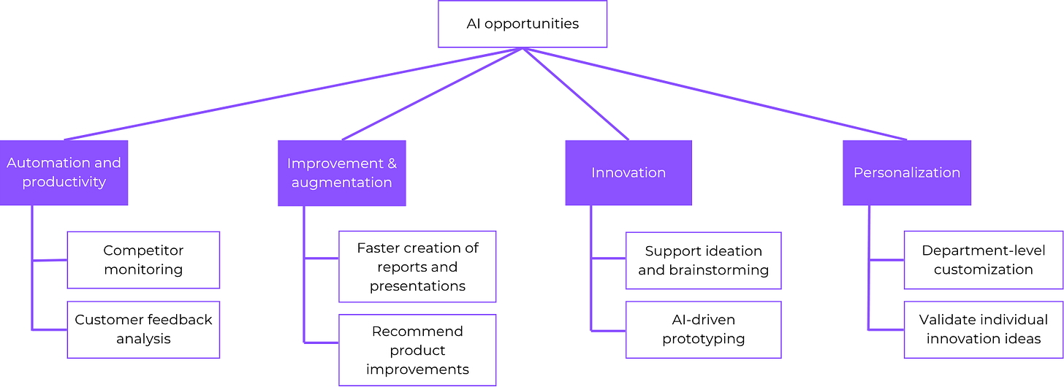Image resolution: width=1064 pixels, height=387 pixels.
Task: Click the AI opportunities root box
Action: point(522,24)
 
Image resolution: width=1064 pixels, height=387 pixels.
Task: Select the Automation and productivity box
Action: point(64,172)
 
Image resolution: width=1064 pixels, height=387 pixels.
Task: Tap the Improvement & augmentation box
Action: point(341,172)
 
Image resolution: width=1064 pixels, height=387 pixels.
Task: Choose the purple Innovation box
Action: point(628,172)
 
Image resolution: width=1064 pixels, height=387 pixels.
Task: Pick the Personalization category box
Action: point(906,172)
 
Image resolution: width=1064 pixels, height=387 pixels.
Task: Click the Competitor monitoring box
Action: point(143,260)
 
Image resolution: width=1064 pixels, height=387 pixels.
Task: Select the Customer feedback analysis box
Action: point(143,329)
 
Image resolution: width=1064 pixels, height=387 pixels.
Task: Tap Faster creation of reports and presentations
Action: point(417,267)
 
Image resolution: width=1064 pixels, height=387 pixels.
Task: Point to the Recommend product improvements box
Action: point(417,350)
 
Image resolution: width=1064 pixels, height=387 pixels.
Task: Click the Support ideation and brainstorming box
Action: point(703,261)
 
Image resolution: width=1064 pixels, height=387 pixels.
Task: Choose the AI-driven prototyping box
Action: point(703,329)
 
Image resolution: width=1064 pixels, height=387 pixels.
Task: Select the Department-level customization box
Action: point(983,260)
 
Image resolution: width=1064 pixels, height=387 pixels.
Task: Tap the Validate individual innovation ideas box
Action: point(983,329)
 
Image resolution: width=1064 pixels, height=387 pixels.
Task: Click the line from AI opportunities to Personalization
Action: point(716,93)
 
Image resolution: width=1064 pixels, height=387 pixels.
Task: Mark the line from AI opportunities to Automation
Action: point(292,93)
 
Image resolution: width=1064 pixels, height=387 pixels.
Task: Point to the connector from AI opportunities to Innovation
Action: point(575,93)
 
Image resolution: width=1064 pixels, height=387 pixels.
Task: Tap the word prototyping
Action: point(703,339)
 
